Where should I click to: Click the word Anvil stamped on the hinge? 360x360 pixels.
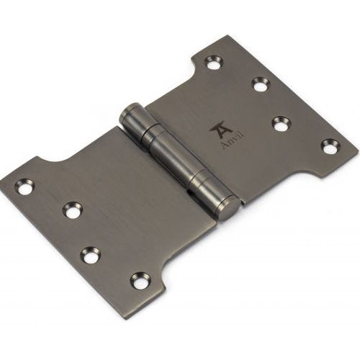(232, 140)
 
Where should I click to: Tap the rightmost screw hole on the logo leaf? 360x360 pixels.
(331, 146)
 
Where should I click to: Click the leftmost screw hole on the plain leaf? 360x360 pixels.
(24, 186)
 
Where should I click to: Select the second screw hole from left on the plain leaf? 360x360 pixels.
(72, 210)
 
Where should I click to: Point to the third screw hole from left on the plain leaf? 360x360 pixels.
(90, 253)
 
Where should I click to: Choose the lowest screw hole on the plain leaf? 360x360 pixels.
(139, 280)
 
